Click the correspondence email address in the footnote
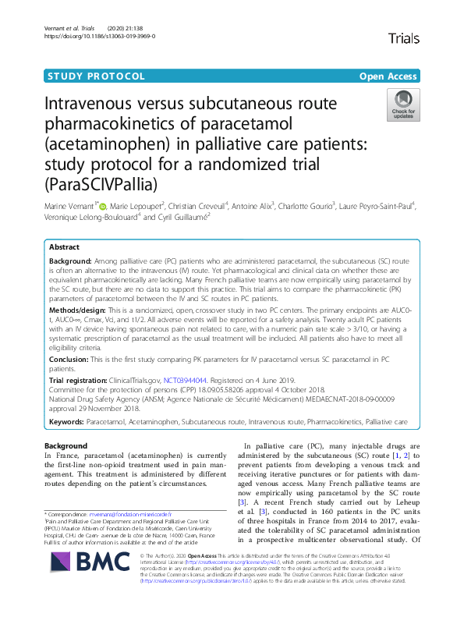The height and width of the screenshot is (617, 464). tap(129, 515)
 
